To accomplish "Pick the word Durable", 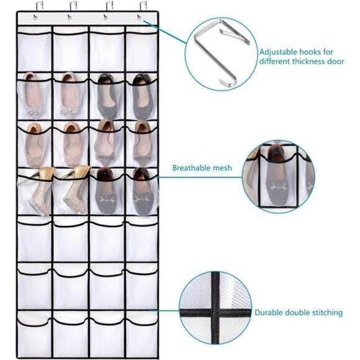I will pyautogui.click(x=271, y=313).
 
